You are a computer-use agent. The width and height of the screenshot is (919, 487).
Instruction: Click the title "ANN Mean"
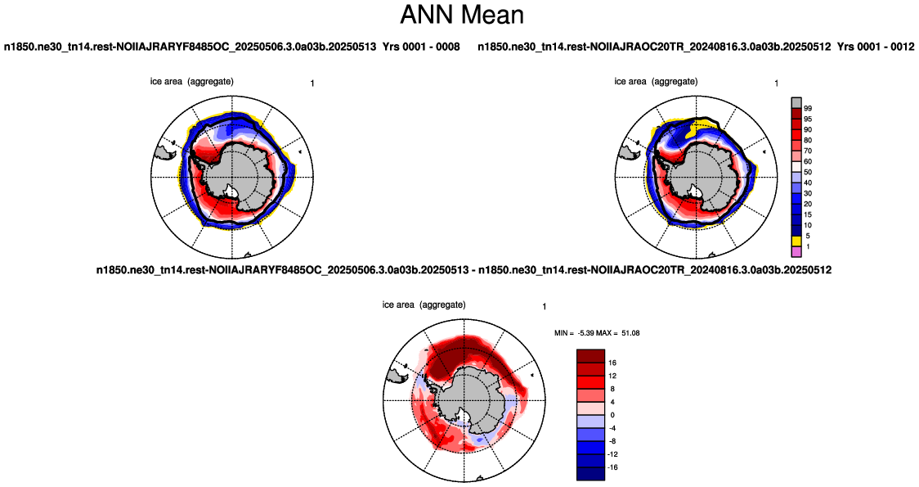[461, 15]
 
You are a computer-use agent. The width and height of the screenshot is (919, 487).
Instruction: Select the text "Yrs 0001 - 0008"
[421, 47]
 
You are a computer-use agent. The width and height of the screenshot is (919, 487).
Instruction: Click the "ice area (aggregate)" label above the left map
[191, 82]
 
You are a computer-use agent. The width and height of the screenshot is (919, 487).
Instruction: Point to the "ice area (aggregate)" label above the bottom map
[424, 304]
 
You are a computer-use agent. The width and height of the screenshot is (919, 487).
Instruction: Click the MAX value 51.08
[630, 332]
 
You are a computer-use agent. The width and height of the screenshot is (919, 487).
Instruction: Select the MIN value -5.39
[588, 332]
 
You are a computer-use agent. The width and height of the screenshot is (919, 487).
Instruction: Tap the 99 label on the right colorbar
[808, 109]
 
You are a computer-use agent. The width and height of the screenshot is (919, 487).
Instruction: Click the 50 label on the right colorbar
[808, 173]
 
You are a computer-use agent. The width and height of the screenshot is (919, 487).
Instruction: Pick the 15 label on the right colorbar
[808, 214]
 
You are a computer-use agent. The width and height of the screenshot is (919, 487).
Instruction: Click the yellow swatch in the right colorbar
[796, 241]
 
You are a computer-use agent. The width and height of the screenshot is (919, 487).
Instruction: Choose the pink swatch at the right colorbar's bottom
[796, 252]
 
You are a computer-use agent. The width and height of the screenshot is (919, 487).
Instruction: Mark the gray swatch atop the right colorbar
[796, 102]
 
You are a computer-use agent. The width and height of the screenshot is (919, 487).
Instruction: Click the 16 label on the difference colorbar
[612, 363]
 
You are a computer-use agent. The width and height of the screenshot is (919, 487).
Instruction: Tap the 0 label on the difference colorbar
[612, 416]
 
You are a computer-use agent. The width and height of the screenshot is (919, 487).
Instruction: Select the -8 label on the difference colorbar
[612, 441]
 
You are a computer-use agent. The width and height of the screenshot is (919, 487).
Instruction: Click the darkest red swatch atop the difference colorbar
[591, 356]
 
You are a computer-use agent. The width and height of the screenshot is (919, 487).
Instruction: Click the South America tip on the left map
[165, 153]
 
